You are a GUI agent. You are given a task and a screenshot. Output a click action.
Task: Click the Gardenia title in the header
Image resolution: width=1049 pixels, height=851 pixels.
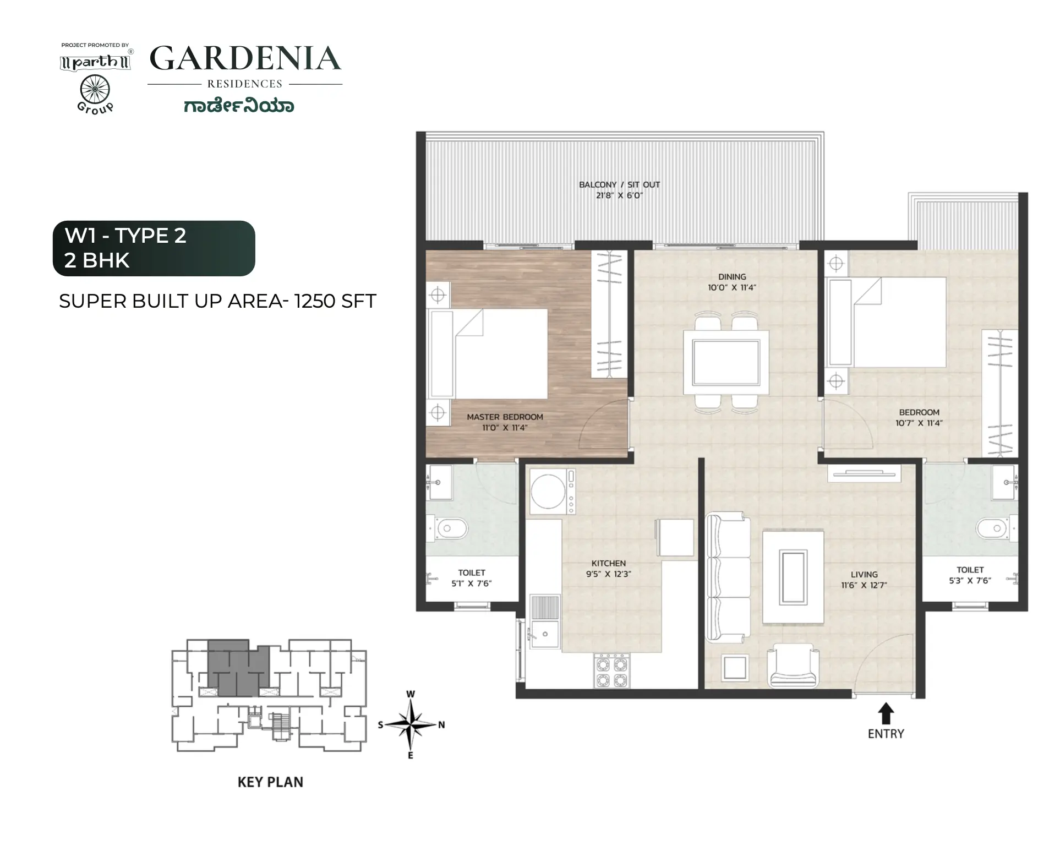(245, 58)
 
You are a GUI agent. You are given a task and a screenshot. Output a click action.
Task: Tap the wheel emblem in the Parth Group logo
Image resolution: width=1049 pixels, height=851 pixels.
(95, 89)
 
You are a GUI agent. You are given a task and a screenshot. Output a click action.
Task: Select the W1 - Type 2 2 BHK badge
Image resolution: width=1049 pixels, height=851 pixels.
(154, 248)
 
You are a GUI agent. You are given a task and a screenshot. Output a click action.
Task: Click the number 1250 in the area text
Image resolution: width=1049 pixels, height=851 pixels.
(315, 301)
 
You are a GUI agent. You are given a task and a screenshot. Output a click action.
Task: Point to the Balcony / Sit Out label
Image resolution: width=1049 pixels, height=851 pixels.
(619, 185)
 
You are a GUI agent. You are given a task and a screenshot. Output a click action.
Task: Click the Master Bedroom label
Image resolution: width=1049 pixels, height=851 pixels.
(505, 417)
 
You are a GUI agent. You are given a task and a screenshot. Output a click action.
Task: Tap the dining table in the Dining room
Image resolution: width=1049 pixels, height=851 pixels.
(726, 362)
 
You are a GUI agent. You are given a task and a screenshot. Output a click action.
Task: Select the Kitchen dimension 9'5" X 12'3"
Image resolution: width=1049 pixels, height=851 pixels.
(608, 574)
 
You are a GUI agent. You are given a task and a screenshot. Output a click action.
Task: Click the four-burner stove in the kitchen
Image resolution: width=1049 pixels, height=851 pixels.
(611, 671)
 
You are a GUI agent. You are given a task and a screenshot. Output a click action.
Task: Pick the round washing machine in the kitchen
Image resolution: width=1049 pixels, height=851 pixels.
(548, 492)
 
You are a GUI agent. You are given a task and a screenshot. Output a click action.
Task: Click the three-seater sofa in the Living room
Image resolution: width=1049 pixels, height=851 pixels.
(728, 578)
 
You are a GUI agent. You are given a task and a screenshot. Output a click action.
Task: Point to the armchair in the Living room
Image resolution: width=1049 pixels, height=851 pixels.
(793, 665)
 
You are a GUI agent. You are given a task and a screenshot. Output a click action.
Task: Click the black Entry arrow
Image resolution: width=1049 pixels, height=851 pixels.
(885, 713)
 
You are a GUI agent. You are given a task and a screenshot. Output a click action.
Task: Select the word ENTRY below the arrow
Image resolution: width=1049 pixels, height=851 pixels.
(886, 734)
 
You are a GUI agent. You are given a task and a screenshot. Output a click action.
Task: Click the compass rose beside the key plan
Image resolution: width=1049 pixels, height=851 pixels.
(411, 724)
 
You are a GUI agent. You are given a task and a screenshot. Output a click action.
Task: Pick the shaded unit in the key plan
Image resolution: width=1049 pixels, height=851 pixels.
(238, 667)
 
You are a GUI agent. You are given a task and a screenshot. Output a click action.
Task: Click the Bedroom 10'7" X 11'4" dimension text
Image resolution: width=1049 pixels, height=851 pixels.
(919, 423)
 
